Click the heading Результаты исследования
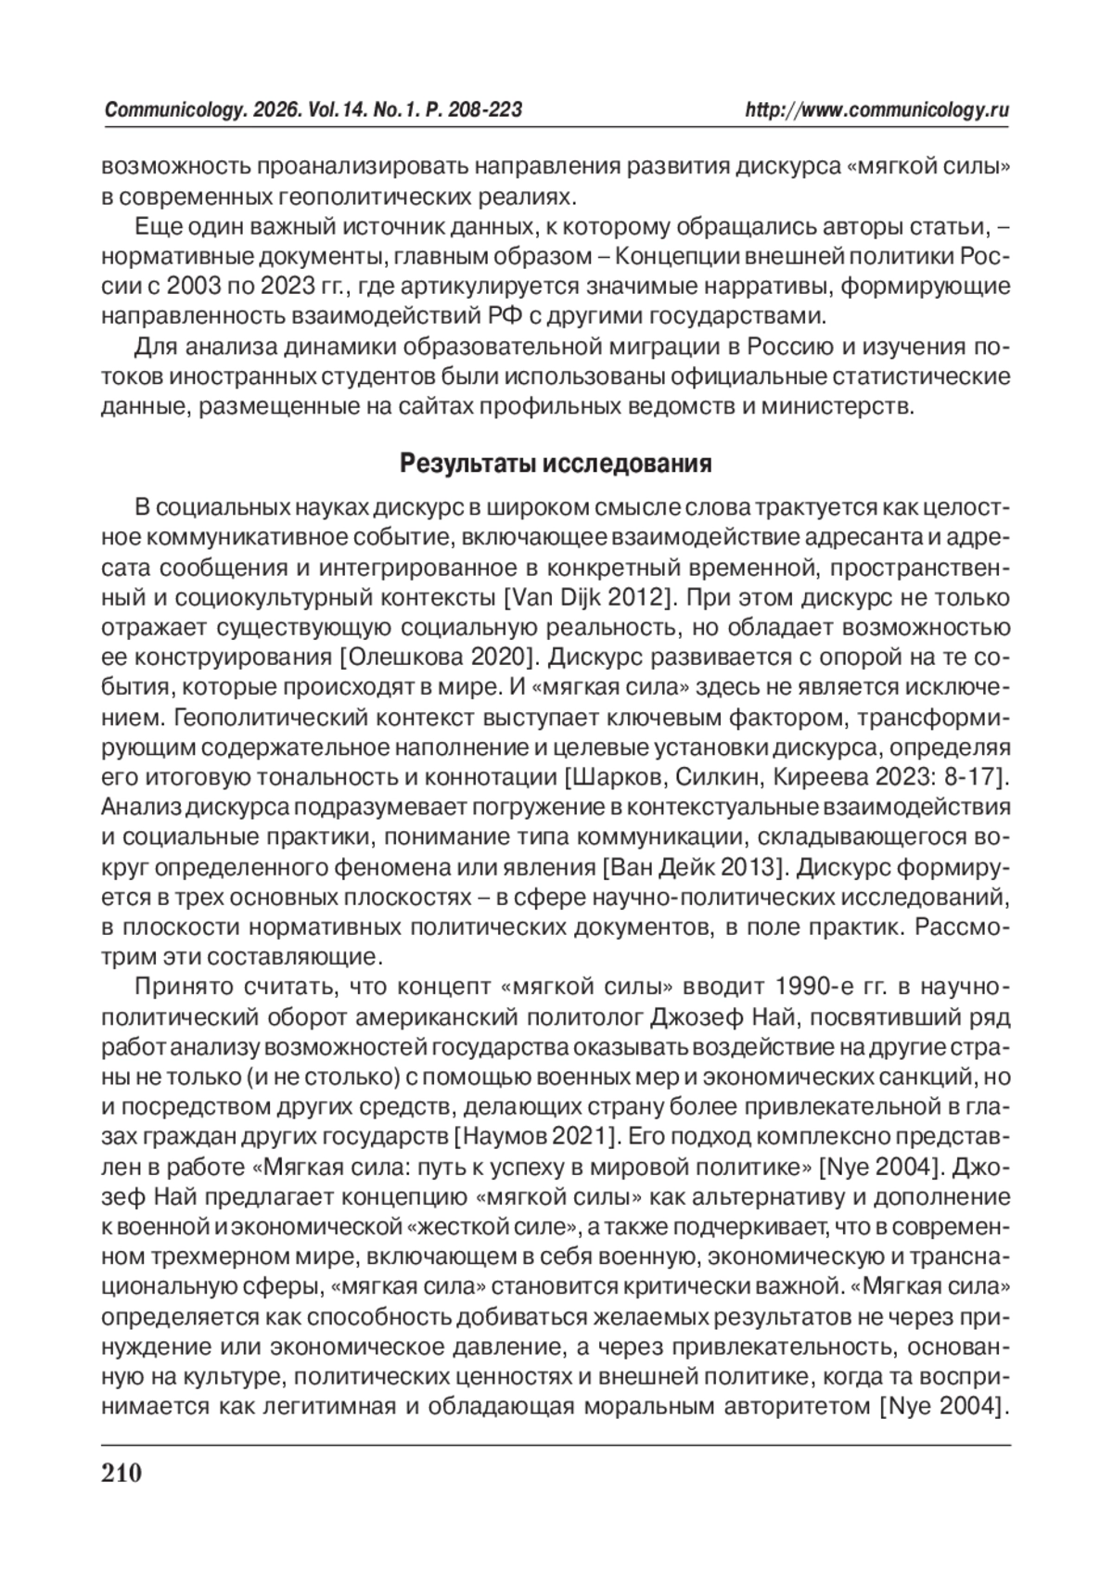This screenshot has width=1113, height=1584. (556, 464)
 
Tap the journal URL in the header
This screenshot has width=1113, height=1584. (877, 110)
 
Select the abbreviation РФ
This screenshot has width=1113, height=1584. (502, 315)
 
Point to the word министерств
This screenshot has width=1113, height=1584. (834, 407)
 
